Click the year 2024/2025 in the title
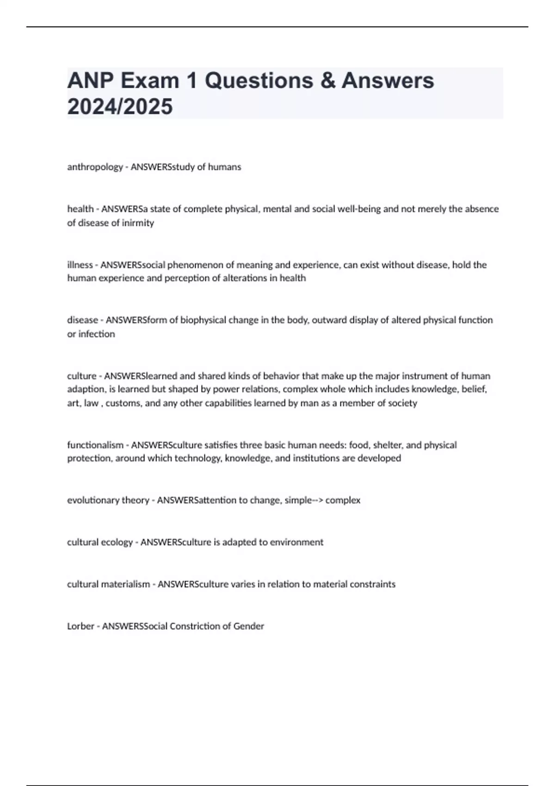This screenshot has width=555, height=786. coord(120,107)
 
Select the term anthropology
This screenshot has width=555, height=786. coord(95,167)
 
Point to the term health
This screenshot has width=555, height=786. coord(80,209)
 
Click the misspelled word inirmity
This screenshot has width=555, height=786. coord(138,223)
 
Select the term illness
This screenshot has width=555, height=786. coord(80,265)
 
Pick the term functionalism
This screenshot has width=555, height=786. coord(95,445)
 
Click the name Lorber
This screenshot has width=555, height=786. coord(80,626)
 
